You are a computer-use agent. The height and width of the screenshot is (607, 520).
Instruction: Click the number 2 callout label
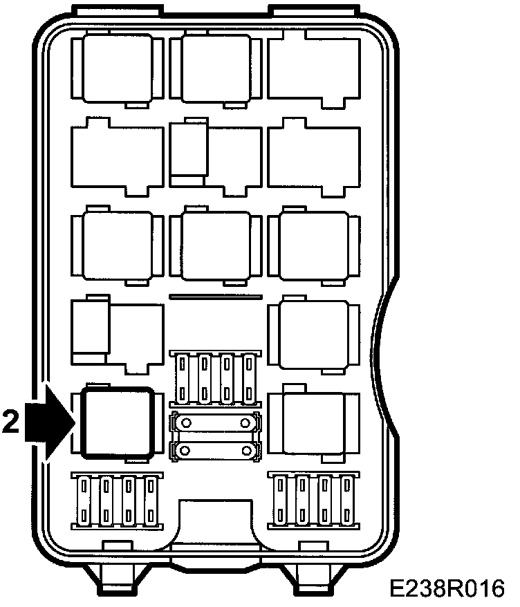tap(10, 422)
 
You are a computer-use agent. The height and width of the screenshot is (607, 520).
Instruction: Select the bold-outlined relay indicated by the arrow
tap(118, 422)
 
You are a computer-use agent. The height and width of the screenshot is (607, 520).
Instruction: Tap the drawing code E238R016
tap(447, 589)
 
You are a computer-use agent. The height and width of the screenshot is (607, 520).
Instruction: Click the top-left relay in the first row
tap(118, 69)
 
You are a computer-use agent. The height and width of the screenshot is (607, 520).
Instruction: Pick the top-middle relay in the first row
tap(216, 69)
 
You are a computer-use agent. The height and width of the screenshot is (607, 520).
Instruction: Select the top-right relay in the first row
tap(314, 69)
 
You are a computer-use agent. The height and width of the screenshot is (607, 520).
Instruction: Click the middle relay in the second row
tap(216, 157)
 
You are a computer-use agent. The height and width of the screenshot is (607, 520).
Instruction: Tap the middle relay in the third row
tap(216, 246)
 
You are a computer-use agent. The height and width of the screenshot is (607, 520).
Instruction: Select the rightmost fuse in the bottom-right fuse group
tap(347, 500)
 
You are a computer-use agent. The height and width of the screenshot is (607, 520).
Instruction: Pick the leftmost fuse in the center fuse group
tap(182, 379)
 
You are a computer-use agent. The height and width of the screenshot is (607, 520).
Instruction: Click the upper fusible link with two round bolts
tap(215, 422)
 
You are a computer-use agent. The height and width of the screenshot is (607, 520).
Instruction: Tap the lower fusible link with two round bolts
tap(215, 450)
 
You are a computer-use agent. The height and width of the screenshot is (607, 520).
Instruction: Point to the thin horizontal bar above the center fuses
tap(216, 297)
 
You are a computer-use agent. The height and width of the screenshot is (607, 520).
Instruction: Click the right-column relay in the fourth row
tap(314, 335)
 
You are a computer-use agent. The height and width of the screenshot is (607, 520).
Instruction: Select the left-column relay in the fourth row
tap(118, 335)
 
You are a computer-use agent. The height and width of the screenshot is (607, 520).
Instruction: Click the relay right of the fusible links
tap(314, 422)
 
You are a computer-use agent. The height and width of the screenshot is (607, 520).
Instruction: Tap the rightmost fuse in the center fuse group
tap(249, 379)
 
